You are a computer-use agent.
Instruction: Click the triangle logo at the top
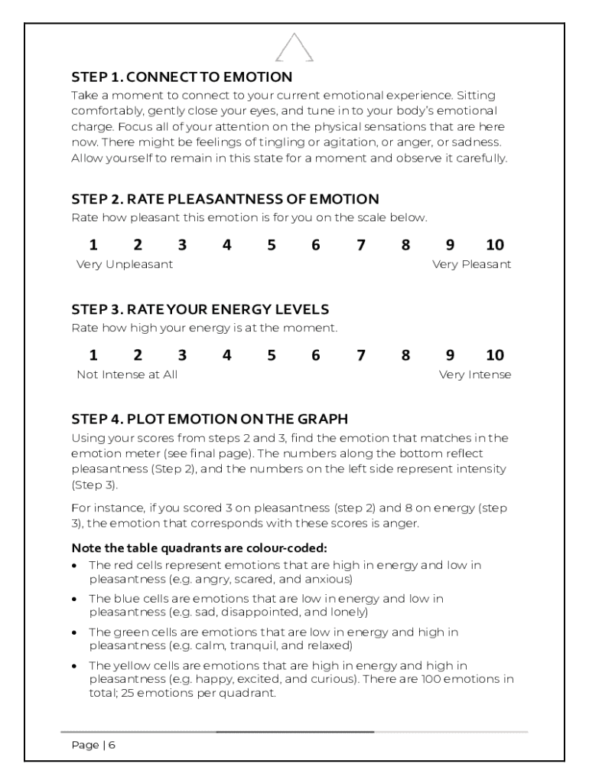coord(294,47)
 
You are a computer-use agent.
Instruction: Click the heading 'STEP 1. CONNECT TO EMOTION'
coord(181,77)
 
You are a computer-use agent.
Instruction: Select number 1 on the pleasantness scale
coord(93,246)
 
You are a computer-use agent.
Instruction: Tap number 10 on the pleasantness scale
coord(495,246)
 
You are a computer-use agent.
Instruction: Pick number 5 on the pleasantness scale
coord(272,246)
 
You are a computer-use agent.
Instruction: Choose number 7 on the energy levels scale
coord(361,356)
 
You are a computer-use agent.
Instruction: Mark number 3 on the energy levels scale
coord(182,356)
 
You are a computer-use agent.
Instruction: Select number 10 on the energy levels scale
coord(495,356)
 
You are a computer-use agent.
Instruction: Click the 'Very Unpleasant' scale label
coord(125,265)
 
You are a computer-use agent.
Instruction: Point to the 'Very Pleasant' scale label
coord(471,265)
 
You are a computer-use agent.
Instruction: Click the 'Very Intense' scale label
coord(474,375)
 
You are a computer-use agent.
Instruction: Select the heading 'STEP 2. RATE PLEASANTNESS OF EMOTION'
coord(225,200)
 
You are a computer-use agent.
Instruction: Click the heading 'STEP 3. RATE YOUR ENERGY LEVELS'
coord(200,309)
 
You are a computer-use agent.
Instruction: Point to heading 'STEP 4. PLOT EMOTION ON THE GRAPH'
coord(210,420)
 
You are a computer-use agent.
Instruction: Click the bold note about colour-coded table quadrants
coord(199,548)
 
